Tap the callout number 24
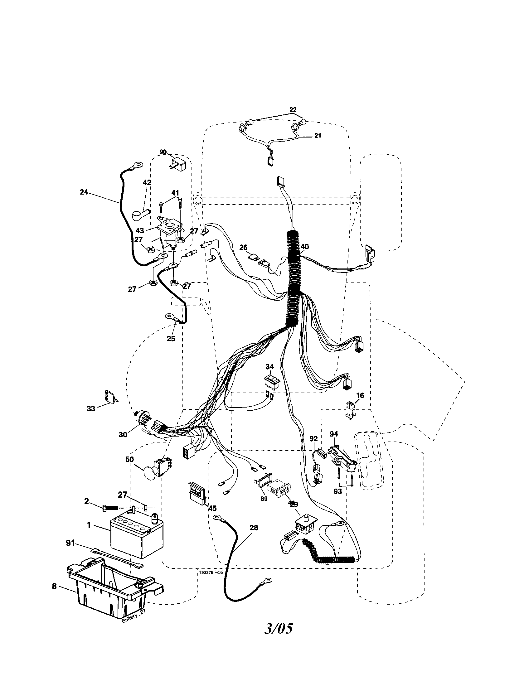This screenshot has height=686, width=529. pyautogui.click(x=84, y=192)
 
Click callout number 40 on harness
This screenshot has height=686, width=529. pyautogui.click(x=305, y=247)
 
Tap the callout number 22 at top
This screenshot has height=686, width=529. pyautogui.click(x=293, y=110)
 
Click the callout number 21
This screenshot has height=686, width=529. pyautogui.click(x=318, y=136)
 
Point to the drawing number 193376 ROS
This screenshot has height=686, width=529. pyautogui.click(x=211, y=572)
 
